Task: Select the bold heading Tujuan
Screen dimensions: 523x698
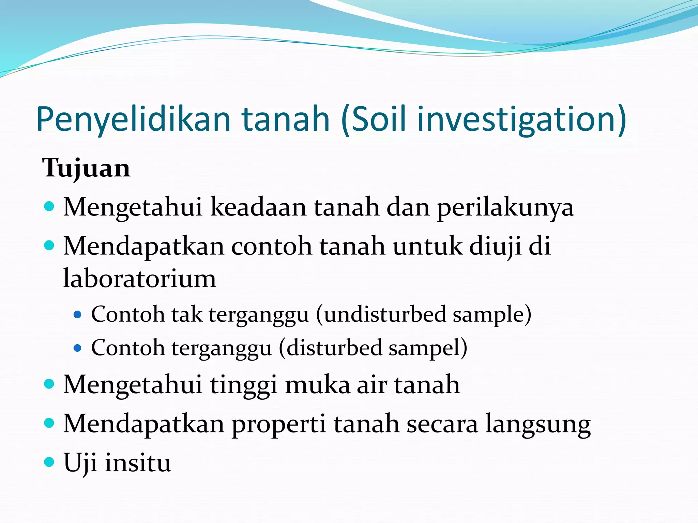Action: pyautogui.click(x=86, y=168)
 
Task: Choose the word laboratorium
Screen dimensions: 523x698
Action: pyautogui.click(x=140, y=278)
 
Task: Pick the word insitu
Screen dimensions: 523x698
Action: pyautogui.click(x=138, y=463)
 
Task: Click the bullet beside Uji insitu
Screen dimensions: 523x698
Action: pyautogui.click(x=49, y=462)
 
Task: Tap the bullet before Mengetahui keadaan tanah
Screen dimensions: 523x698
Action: pyautogui.click(x=49, y=206)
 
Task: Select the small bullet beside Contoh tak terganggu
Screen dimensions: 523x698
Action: pyautogui.click(x=78, y=315)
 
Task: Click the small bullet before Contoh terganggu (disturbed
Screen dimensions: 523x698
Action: pyautogui.click(x=78, y=348)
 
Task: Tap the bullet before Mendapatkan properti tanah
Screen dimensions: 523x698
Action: pyautogui.click(x=49, y=423)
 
